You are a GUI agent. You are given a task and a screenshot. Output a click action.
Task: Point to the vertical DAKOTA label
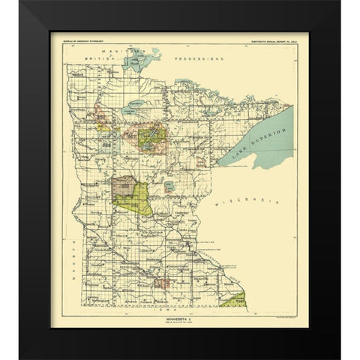pos(73,240)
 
